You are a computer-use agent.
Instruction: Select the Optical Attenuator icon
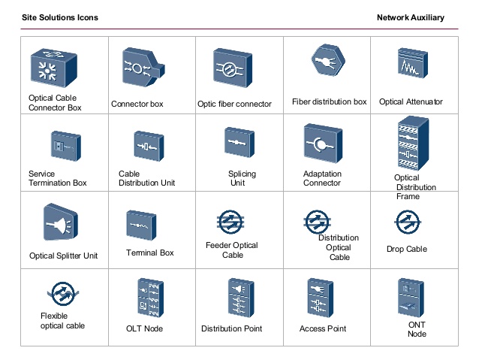pos(411,66)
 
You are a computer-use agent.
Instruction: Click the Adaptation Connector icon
pos(323,144)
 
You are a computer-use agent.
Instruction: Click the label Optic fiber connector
pos(234,104)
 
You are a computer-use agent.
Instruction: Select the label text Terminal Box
pos(150,253)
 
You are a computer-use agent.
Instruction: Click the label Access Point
pos(323,329)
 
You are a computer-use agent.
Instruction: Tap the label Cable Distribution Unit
pos(146,178)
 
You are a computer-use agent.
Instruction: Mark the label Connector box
pos(137,104)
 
